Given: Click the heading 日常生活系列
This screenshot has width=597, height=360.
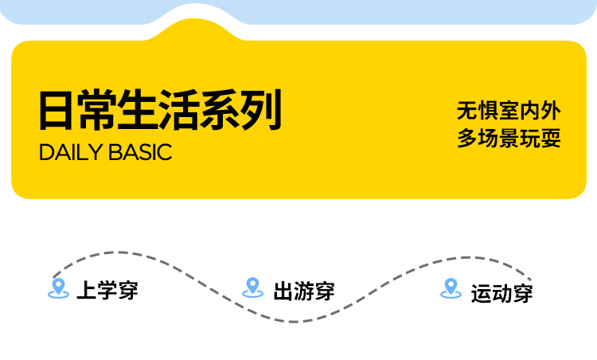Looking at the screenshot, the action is (160, 111).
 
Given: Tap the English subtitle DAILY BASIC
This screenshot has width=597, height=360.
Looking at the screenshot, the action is (105, 153).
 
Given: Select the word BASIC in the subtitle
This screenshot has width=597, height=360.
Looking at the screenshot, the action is (141, 153).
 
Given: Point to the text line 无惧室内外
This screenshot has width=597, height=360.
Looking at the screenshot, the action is (509, 111).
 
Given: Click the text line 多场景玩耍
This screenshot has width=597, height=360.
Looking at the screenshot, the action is (509, 138).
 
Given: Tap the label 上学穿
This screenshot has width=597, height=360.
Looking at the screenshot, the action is (107, 290).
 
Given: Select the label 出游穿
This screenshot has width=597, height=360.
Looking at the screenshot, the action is (303, 291).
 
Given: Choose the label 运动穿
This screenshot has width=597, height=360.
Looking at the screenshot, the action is (501, 292).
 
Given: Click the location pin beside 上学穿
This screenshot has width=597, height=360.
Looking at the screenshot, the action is (57, 288).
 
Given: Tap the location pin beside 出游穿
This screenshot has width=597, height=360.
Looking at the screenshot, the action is (252, 287).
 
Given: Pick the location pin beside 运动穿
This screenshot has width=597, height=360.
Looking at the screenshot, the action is (451, 288).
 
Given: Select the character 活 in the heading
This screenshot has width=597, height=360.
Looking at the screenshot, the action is (181, 111).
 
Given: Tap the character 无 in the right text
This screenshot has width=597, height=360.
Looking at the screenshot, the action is (467, 111).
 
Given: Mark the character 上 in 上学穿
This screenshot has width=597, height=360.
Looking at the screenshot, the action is (86, 290).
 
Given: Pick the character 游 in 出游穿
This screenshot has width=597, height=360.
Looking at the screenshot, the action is (303, 291).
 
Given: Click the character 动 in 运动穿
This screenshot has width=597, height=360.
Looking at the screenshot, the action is (501, 292).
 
